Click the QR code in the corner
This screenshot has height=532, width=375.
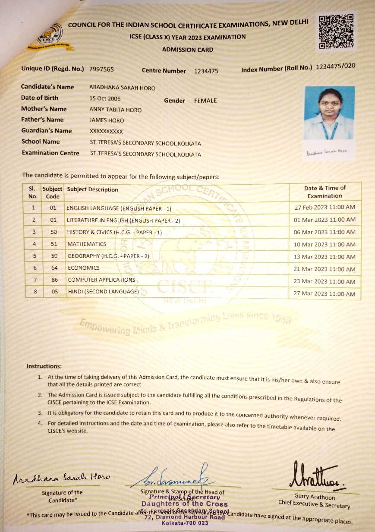coord(336,31)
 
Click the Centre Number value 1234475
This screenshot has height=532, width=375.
coord(206,71)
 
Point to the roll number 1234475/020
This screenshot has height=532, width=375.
coord(336,66)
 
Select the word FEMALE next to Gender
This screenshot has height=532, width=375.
coord(205,101)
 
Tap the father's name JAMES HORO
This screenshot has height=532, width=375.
coord(107,120)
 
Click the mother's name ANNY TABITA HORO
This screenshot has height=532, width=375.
coord(115,110)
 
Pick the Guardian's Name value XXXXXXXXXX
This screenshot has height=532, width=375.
coord(106,131)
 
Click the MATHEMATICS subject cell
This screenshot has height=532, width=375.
coord(87,244)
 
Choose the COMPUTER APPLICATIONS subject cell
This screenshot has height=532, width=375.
coord(101,280)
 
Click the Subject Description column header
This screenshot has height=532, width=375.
coord(93,189)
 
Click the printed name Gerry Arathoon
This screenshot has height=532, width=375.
coord(314,497)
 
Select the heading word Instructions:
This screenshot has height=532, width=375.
coord(44,366)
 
